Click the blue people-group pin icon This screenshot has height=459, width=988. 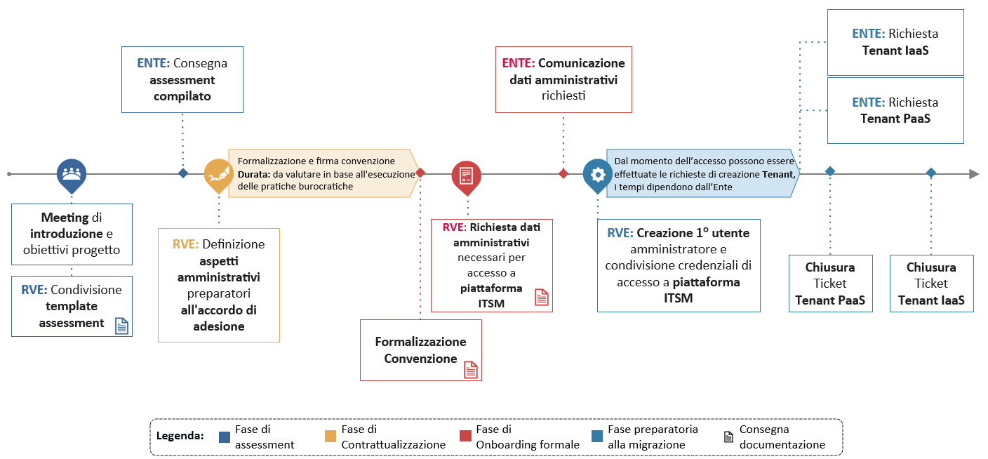pos(72,173)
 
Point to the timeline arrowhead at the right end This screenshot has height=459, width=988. pos(974,174)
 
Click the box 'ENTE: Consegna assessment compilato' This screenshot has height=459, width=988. pos(182,79)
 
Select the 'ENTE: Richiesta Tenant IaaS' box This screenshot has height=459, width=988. pos(895,42)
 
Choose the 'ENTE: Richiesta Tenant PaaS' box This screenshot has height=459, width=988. pos(895,110)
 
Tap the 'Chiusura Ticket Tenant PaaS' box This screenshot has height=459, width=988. pos(830,284)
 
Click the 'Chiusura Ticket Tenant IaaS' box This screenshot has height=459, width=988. pos(931,284)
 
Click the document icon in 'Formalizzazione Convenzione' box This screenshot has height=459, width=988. pos(470,370)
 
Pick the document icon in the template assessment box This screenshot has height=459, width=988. pos(122,326)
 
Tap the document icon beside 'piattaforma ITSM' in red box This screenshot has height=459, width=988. pos(542,297)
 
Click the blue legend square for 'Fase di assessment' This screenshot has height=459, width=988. pos(225,437)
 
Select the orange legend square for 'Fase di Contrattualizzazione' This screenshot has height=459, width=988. pos(330,437)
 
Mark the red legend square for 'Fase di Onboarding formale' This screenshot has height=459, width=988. pos(465,437)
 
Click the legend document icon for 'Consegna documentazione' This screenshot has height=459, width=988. pos(728,437)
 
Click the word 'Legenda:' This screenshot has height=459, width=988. pos(180,436)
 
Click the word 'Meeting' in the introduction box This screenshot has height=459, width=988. pos(65,218)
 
